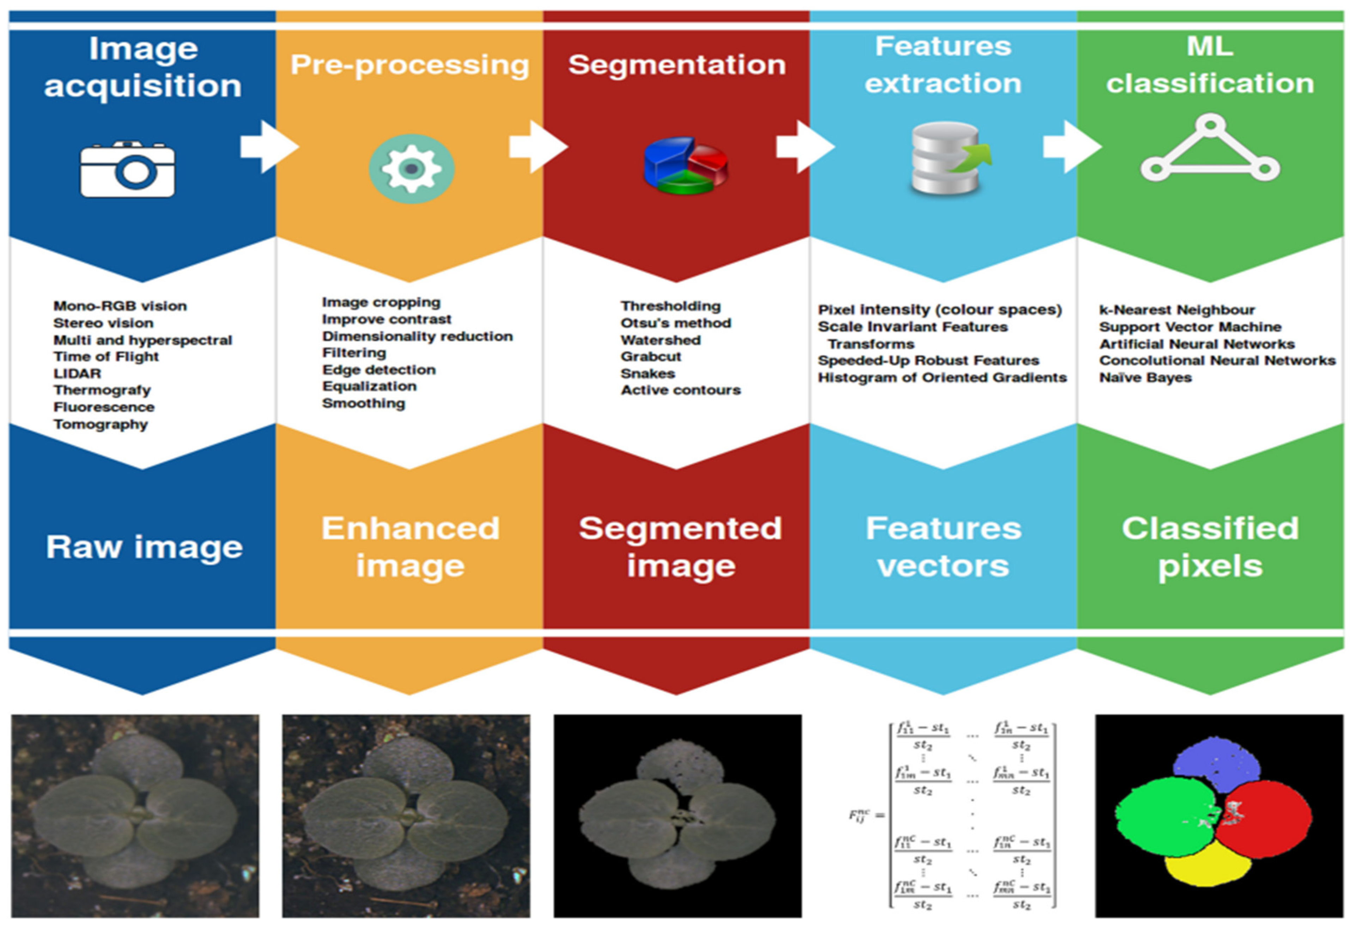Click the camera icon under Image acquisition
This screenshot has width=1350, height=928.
127,170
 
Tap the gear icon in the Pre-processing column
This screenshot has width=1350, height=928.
411,168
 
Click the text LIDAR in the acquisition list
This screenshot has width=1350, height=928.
77,373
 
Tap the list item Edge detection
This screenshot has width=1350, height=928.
379,370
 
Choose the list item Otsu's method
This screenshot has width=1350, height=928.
675,323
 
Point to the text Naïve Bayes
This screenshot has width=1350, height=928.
1145,378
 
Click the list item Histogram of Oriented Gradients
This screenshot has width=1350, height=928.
942,378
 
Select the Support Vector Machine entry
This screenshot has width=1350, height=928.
1190,327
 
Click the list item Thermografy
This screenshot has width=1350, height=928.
102,390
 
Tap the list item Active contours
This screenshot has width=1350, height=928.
681,390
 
